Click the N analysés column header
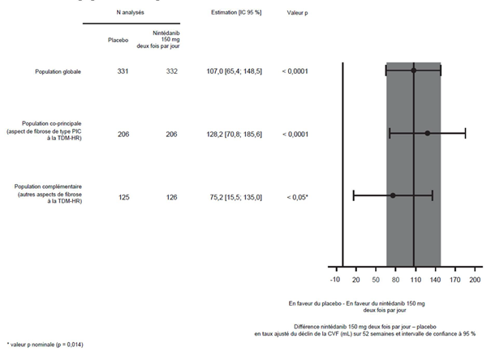click(131, 12)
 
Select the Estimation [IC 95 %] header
click(236, 12)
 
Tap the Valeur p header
click(297, 13)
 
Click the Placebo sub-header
click(118, 40)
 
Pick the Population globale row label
click(58, 71)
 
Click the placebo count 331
click(123, 71)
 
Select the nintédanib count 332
click(171, 71)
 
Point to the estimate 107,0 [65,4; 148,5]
click(235, 71)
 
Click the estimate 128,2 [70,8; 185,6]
click(235, 134)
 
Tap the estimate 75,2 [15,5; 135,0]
click(236, 197)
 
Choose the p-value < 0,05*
click(298, 197)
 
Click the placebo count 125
click(123, 197)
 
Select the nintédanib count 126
click(171, 197)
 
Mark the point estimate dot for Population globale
click(414, 71)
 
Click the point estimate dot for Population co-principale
click(428, 134)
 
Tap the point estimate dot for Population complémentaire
click(393, 195)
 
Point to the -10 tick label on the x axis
click(334, 279)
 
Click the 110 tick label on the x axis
click(416, 279)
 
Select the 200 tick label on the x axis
click(475, 279)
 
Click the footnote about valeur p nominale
click(45, 345)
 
